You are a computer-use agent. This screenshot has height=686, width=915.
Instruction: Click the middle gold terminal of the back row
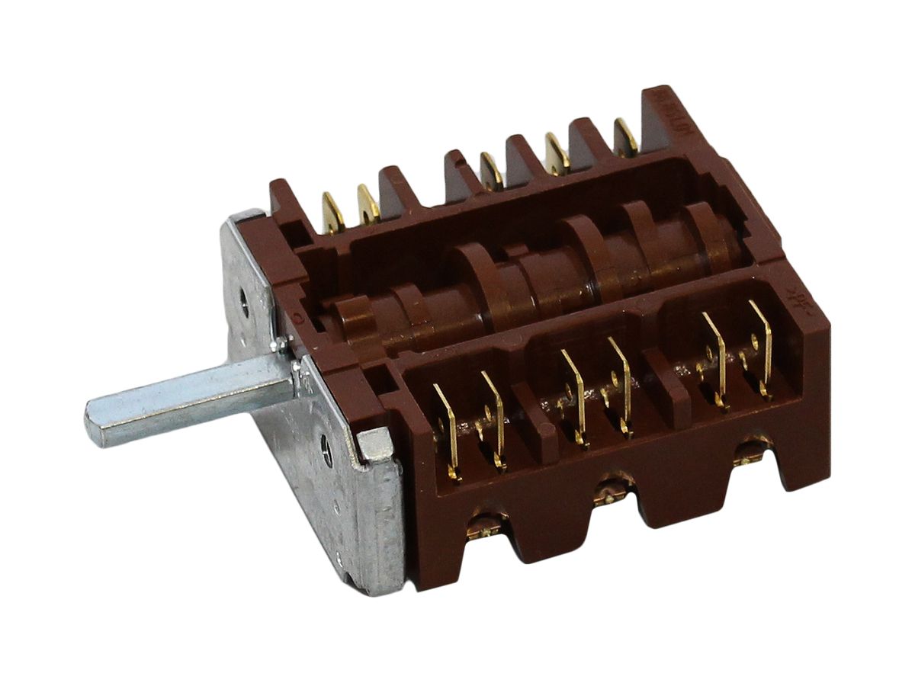point(490,171)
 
